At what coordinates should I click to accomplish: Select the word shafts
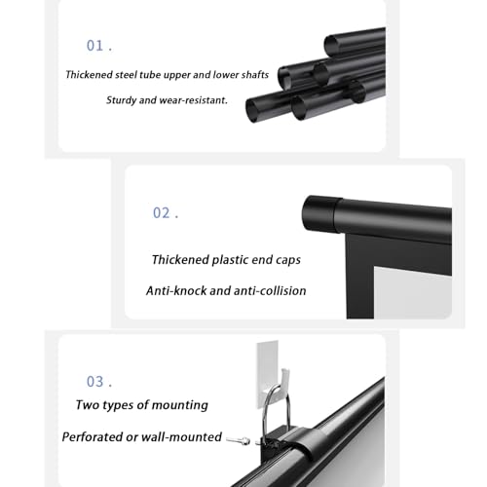click(255, 75)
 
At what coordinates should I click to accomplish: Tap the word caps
click(288, 260)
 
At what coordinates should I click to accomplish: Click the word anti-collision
click(270, 290)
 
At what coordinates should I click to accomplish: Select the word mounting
click(180, 405)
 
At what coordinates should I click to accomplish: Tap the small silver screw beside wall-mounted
click(238, 441)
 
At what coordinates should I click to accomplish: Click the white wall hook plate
click(268, 373)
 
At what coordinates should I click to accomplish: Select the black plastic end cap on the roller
click(320, 213)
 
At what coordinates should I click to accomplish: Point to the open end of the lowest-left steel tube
click(253, 110)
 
